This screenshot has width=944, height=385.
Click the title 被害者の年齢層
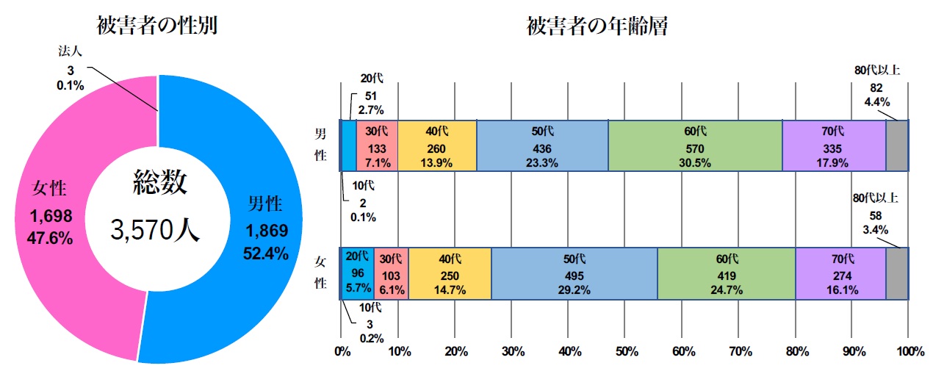(x=596, y=26)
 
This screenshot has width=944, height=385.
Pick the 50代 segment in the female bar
(x=574, y=273)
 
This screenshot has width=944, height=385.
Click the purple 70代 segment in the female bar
(x=840, y=273)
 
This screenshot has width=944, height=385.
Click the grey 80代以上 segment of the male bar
(x=896, y=145)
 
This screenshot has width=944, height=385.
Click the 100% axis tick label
(x=909, y=352)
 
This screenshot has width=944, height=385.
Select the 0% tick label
(x=342, y=352)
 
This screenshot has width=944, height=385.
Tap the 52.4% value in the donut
(x=265, y=252)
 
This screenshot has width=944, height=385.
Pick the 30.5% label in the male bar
(x=694, y=163)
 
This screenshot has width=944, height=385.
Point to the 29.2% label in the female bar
(x=574, y=290)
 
